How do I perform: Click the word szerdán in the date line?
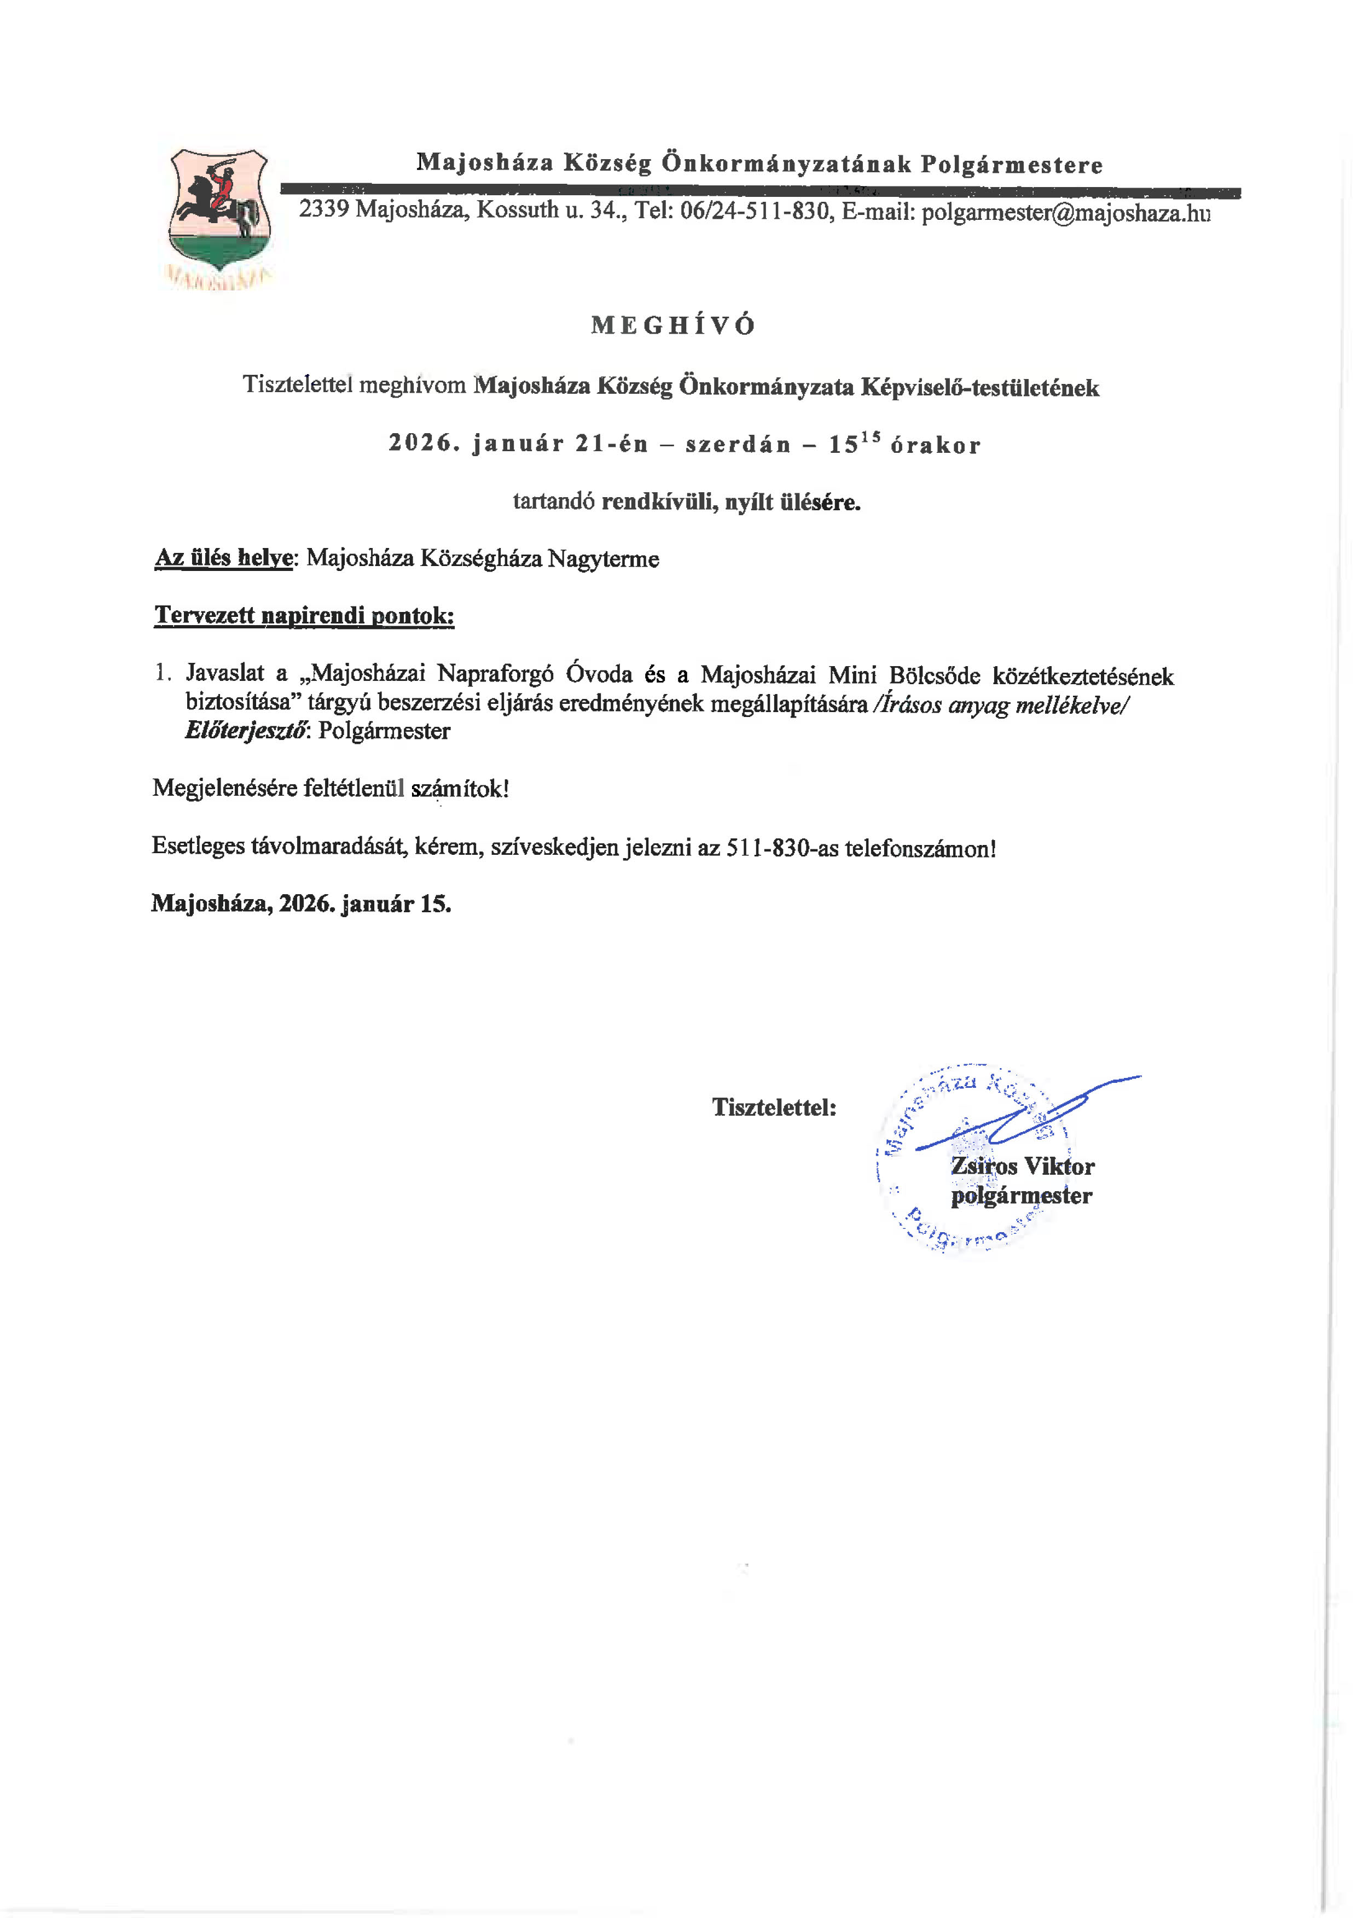[x=738, y=445]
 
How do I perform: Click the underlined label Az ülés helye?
[x=224, y=559]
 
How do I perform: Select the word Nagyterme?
[x=604, y=559]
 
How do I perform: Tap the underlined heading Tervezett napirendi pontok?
[x=304, y=616]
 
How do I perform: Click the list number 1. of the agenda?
[x=163, y=673]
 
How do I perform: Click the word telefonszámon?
[x=920, y=849]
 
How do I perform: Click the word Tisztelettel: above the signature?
[x=774, y=1107]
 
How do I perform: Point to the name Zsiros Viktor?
[x=1023, y=1166]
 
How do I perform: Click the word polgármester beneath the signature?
[x=1021, y=1196]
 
